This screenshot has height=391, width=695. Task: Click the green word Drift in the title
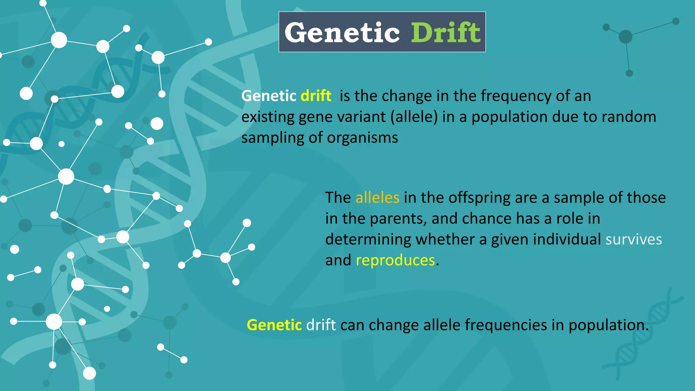pos(446,33)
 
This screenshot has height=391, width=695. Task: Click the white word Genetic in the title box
pos(342,33)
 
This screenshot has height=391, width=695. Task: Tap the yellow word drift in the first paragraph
pos(316,96)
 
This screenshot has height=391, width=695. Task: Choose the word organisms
pos(362,138)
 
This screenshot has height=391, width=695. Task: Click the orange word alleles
pos(377,198)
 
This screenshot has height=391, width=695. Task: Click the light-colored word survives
pos(634,239)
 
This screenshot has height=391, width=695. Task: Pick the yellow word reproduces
pos(395,260)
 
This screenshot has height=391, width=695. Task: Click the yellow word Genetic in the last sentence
pos(274,325)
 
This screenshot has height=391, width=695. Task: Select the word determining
pos(368,239)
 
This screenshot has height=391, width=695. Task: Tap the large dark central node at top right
pos(625,37)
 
